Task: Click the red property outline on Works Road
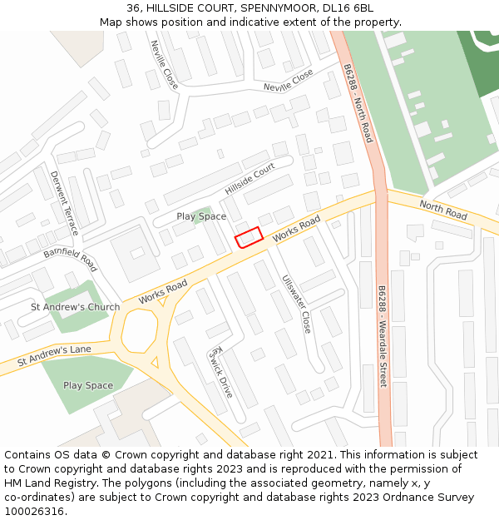pyautogui.click(x=249, y=238)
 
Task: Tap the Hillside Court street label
pyautogui.click(x=249, y=179)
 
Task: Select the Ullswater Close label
pyautogui.click(x=295, y=305)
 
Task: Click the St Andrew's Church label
pyautogui.click(x=75, y=307)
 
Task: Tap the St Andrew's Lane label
pyautogui.click(x=54, y=355)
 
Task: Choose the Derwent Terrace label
pyautogui.click(x=64, y=202)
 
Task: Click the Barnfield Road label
pyautogui.click(x=71, y=258)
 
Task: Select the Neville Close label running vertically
pyautogui.click(x=164, y=65)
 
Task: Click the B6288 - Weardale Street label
pyautogui.click(x=383, y=336)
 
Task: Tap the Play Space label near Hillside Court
pyautogui.click(x=201, y=216)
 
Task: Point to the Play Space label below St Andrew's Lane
pyautogui.click(x=88, y=385)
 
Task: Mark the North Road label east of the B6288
pyautogui.click(x=443, y=210)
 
